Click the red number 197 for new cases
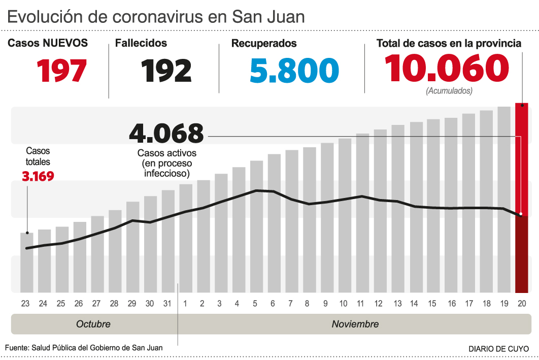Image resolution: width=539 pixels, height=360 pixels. pyautogui.click(x=61, y=71)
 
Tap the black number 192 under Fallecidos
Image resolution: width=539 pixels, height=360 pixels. pyautogui.click(x=166, y=71)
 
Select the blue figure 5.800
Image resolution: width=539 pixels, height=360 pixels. pyautogui.click(x=294, y=71)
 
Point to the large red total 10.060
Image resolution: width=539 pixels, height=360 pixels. pyautogui.click(x=447, y=69)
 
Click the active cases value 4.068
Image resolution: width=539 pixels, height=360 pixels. pyautogui.click(x=166, y=134)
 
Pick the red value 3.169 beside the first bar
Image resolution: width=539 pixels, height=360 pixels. pyautogui.click(x=38, y=177)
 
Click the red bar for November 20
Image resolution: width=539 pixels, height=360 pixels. pyautogui.click(x=521, y=198)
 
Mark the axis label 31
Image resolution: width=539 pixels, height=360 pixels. pyautogui.click(x=168, y=304)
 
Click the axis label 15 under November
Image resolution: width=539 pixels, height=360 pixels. pyautogui.click(x=432, y=304)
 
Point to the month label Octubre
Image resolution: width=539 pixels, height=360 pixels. pyautogui.click(x=93, y=324)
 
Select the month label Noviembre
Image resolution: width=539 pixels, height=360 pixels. pyautogui.click(x=355, y=324)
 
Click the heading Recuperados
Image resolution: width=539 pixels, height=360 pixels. pyautogui.click(x=264, y=44)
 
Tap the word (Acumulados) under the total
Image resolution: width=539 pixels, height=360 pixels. pyautogui.click(x=449, y=91)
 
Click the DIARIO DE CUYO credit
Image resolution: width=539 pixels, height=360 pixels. pyautogui.click(x=498, y=349)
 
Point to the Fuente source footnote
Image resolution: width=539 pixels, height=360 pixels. pyautogui.click(x=84, y=348)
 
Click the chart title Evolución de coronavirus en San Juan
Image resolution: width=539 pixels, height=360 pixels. pyautogui.click(x=156, y=16)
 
